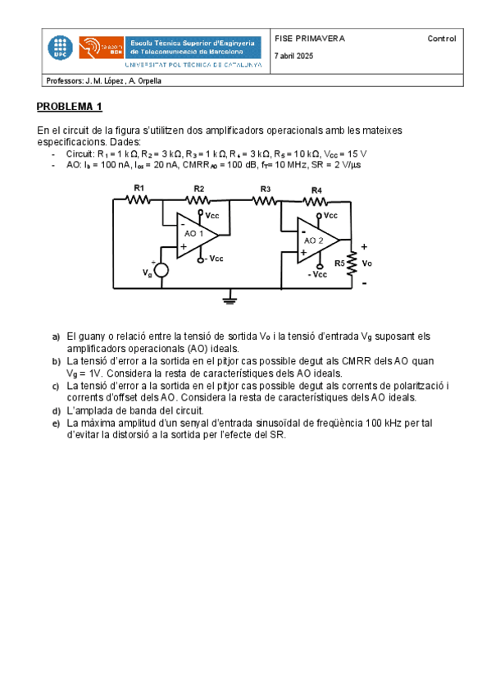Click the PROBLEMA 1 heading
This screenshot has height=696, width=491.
pyautogui.click(x=70, y=107)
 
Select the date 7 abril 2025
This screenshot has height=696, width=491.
pyautogui.click(x=294, y=56)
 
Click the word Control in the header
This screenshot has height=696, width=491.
pyautogui.click(x=441, y=39)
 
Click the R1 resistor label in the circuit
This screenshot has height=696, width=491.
pyautogui.click(x=139, y=188)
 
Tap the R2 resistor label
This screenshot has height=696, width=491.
pyautogui.click(x=199, y=188)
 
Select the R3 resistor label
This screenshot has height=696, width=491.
pyautogui.click(x=266, y=188)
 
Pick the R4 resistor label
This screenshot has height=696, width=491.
pyautogui.click(x=316, y=189)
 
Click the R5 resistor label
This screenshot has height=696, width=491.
pyautogui.click(x=339, y=263)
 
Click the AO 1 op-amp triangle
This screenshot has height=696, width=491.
pyautogui.click(x=195, y=235)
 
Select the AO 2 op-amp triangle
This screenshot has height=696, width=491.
pyautogui.click(x=316, y=240)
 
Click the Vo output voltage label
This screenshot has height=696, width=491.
pyautogui.click(x=366, y=263)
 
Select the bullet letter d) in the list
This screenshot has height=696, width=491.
pyautogui.click(x=57, y=410)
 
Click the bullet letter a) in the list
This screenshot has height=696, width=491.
pyautogui.click(x=57, y=337)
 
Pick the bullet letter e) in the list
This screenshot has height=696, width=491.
pyautogui.click(x=57, y=424)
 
